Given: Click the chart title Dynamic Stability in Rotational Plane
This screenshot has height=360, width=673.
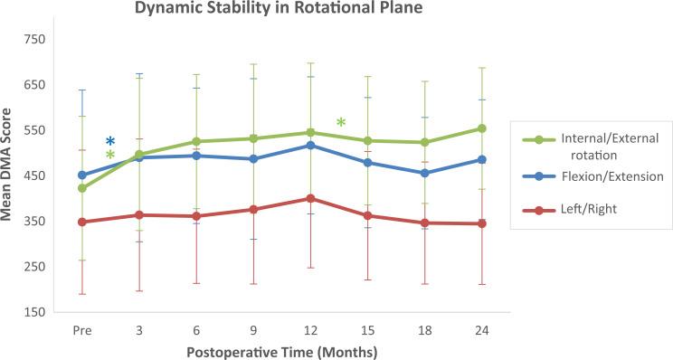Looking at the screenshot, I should click(x=266, y=10).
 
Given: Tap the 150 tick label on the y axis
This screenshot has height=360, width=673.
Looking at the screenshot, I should click(x=34, y=312).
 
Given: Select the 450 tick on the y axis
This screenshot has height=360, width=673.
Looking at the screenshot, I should click(x=34, y=175).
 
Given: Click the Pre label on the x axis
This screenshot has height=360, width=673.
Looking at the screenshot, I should click(x=82, y=331).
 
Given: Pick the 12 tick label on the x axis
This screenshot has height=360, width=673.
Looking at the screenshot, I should click(x=311, y=331).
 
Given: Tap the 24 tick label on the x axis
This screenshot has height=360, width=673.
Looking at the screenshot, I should click(x=482, y=331).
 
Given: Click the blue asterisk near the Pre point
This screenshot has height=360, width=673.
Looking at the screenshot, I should click(x=110, y=142).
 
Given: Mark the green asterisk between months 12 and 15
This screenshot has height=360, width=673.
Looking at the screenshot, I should click(x=341, y=123).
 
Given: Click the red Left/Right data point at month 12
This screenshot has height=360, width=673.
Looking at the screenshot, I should click(x=310, y=198).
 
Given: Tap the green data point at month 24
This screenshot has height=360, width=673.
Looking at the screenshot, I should click(x=482, y=128).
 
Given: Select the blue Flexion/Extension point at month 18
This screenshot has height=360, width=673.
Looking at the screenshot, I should click(x=425, y=173).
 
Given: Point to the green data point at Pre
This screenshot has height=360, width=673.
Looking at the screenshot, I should click(x=82, y=188).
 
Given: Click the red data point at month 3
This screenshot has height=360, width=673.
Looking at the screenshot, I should click(x=139, y=215).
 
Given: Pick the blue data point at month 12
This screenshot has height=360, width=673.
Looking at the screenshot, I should click(x=310, y=146).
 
